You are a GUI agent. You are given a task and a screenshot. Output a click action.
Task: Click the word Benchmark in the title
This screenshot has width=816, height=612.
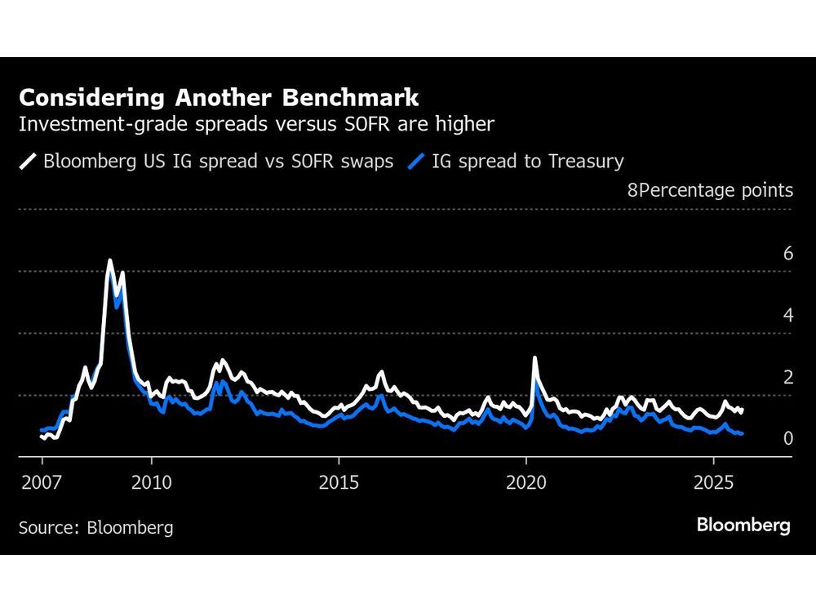click(x=351, y=98)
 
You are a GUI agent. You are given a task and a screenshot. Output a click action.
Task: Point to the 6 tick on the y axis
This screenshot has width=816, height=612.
click(x=788, y=254)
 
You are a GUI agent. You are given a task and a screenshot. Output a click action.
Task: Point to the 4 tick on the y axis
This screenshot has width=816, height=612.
click(x=788, y=315)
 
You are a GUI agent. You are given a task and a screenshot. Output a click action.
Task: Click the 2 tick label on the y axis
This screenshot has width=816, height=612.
click(x=788, y=377)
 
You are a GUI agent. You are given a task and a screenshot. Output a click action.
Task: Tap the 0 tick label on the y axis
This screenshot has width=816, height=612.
click(x=788, y=439)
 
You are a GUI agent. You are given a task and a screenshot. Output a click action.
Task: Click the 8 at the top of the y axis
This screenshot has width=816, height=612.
click(x=632, y=190)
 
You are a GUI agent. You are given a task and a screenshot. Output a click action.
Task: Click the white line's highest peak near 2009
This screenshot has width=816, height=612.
click(x=109, y=261)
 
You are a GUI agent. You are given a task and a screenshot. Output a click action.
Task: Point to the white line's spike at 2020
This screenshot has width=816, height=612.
click(x=534, y=357)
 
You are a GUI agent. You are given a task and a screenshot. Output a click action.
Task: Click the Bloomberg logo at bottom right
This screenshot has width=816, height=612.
click(x=743, y=526)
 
